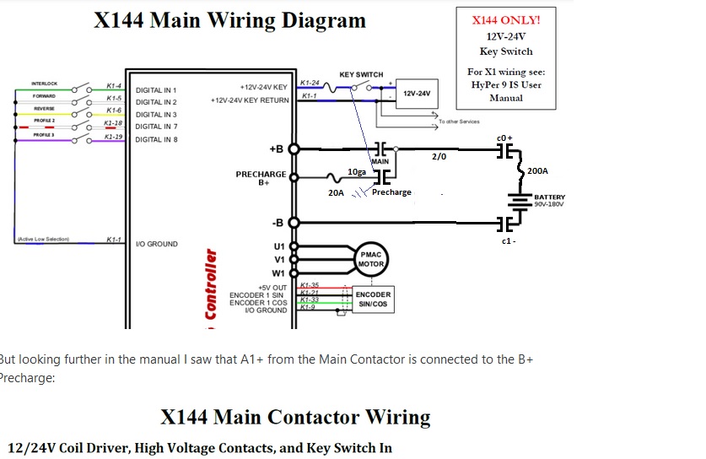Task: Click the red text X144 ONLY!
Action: [x=506, y=20]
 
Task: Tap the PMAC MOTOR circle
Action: [x=372, y=259]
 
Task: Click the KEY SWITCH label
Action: [x=361, y=74]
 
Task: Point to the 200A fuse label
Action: [x=537, y=171]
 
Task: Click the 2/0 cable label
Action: [x=439, y=156]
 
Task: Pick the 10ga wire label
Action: [x=358, y=172]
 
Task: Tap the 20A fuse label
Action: [x=336, y=193]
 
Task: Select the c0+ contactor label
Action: [x=504, y=138]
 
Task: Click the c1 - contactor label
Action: [x=508, y=241]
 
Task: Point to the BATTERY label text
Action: [x=550, y=197]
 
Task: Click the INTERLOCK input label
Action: [x=44, y=83]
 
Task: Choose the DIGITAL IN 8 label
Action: [x=156, y=139]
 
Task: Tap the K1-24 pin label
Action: [x=310, y=83]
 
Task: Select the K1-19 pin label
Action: [x=114, y=136]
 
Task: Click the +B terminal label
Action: [x=276, y=149]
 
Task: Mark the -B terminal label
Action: [x=278, y=223]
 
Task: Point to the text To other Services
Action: [x=459, y=121]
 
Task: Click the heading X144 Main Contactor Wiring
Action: [x=295, y=417]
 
